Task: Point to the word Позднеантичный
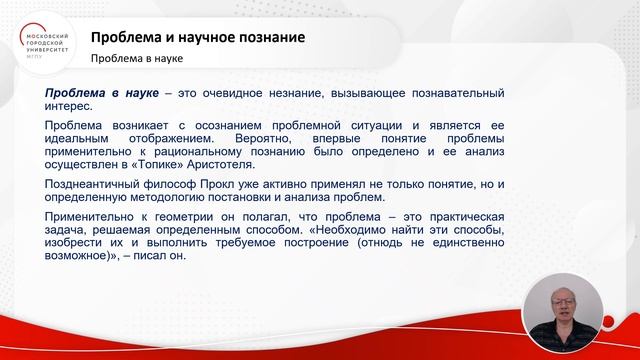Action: tap(93, 185)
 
